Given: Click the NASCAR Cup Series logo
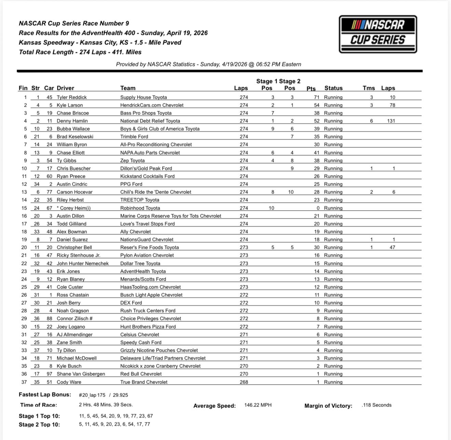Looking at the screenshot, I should pos(378,34).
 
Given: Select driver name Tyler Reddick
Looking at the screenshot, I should pos(72,97).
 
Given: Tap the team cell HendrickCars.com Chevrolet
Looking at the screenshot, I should pos(152,105).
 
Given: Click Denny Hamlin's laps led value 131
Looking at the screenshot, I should pos(391,121).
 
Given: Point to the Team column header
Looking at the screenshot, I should pos(128,88).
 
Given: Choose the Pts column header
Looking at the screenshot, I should pos(311,89).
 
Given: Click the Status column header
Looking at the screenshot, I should pos(333,88).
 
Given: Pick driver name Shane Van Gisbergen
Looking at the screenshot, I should pos(81,374).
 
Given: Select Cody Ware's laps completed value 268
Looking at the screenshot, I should pos(244,382).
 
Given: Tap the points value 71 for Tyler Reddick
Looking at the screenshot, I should pos(317,97).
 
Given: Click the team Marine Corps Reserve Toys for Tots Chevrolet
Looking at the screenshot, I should pos(170,216).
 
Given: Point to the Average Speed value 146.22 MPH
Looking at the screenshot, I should pos(258,405).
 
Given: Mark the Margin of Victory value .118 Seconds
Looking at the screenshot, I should pos(377,405).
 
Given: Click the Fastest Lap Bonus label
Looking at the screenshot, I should pos(45,395).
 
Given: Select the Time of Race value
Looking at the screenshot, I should pos(106,405).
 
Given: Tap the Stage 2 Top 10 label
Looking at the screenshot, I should pos(39,424).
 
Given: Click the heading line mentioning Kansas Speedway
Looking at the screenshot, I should pos(100,43).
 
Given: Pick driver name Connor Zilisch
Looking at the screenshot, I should pos(74,319).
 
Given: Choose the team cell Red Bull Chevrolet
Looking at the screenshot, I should pos(141,374).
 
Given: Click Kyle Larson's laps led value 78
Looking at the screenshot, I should pos(392,105).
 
